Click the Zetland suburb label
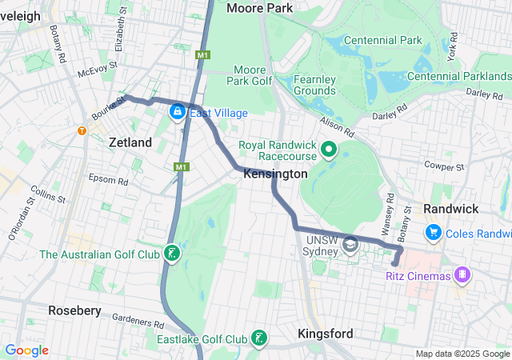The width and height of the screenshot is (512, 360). pyautogui.click(x=130, y=142)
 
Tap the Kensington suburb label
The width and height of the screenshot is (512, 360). pyautogui.click(x=274, y=174)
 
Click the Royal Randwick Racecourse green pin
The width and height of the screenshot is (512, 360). pyautogui.click(x=328, y=149)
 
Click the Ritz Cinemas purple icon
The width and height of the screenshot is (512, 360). pyautogui.click(x=462, y=276)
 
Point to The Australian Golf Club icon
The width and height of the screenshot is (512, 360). pyautogui.click(x=170, y=255)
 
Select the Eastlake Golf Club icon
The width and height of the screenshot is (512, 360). pyautogui.click(x=258, y=339)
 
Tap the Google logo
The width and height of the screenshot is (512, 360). pyautogui.click(x=26, y=350)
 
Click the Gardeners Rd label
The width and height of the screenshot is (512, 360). pyautogui.click(x=137, y=321)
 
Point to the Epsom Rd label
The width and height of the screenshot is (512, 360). pyautogui.click(x=108, y=178)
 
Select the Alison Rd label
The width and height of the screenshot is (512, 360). pyautogui.click(x=337, y=126)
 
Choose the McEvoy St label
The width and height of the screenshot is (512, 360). pyautogui.click(x=98, y=72)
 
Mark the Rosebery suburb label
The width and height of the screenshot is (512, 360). pyautogui.click(x=74, y=310)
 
